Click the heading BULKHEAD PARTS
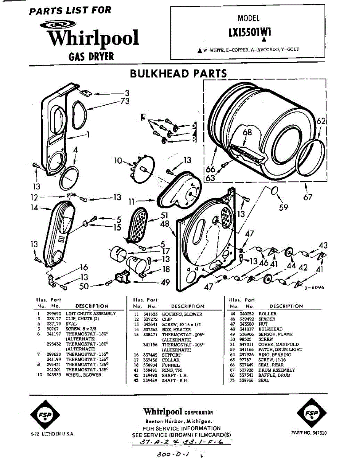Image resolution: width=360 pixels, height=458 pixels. tap(178, 73)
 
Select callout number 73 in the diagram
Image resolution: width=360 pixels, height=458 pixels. tap(125, 101)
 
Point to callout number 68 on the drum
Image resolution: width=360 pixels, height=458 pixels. tap(247, 132)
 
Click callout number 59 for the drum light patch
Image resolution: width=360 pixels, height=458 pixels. tap(283, 207)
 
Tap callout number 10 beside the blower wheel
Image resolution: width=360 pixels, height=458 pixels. tap(118, 161)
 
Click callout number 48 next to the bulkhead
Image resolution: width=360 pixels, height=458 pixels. tap(165, 224)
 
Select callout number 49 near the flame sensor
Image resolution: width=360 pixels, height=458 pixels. tap(165, 282)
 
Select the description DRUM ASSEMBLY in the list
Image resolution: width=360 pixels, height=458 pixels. tap(276, 370)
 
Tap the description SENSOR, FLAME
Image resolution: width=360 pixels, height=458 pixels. tap(275, 334)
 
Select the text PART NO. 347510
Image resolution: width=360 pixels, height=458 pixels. tap(308, 433)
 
